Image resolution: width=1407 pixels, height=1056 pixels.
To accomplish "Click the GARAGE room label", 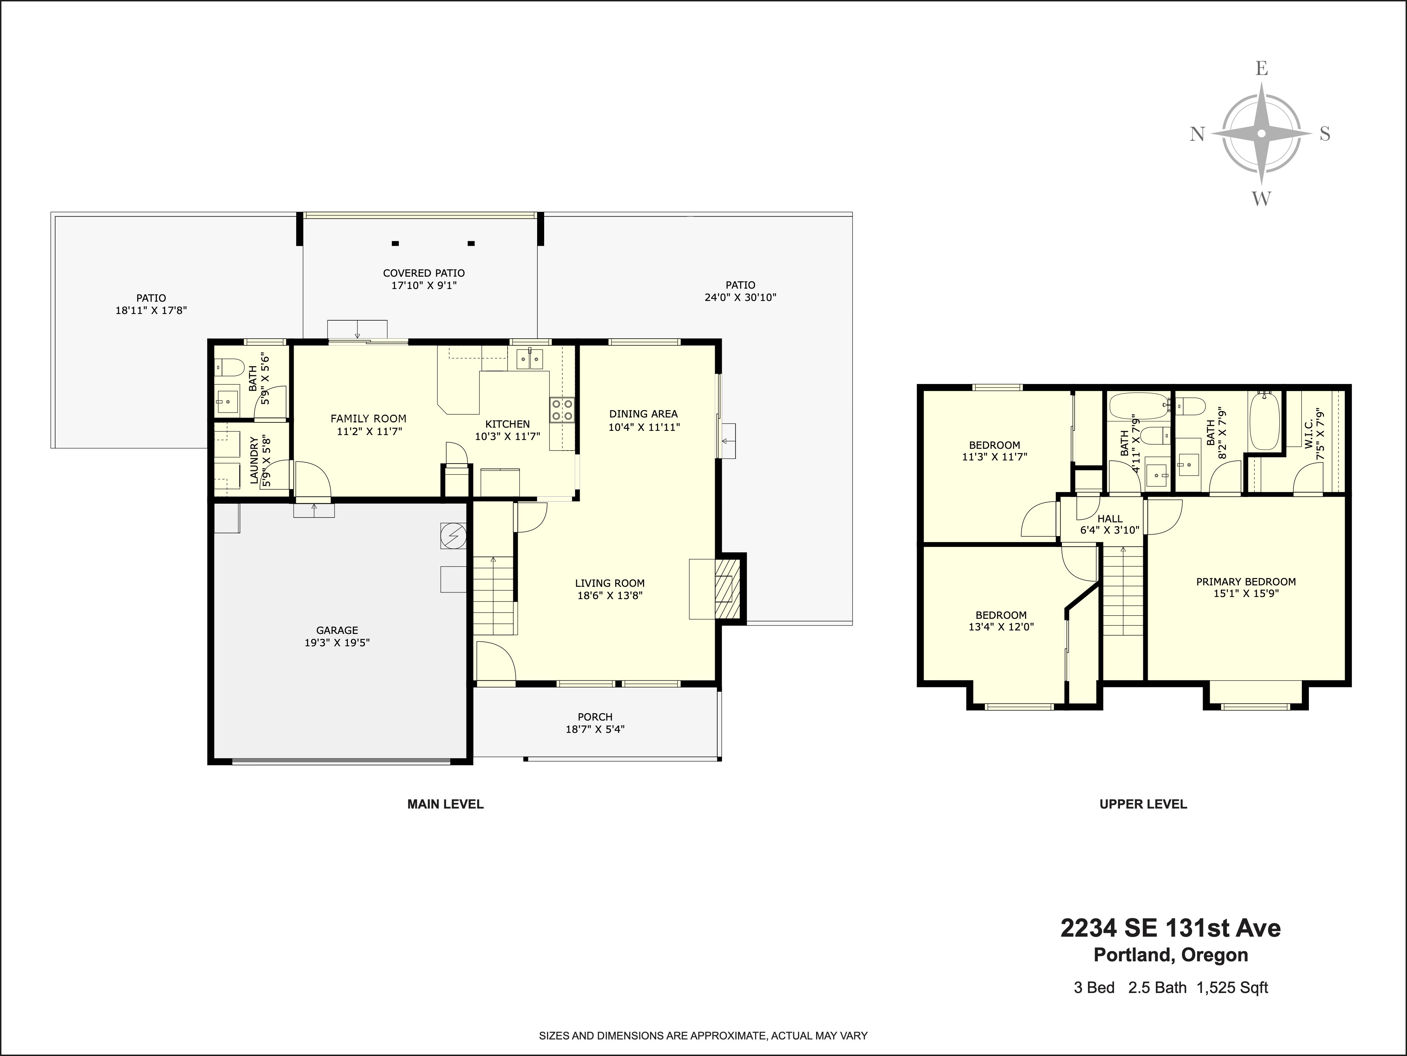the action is coord(337,630).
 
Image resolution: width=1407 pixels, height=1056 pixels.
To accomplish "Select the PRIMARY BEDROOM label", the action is coord(1246,581).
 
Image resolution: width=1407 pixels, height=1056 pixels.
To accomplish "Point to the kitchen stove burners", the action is coord(562,409).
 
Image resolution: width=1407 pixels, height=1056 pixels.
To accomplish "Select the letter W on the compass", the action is coord(1261,199).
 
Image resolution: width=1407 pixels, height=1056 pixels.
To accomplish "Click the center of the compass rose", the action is coord(1261,151).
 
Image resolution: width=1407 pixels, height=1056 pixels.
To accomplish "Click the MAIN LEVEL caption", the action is coord(445,804).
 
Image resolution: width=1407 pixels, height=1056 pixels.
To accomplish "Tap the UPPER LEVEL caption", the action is coord(1143,804).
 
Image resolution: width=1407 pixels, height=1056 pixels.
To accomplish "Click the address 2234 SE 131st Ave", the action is coord(1170,928).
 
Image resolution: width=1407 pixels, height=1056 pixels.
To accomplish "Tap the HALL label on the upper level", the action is coord(1110,519).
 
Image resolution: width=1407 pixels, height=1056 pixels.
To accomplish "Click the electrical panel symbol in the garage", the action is coord(453,535).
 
